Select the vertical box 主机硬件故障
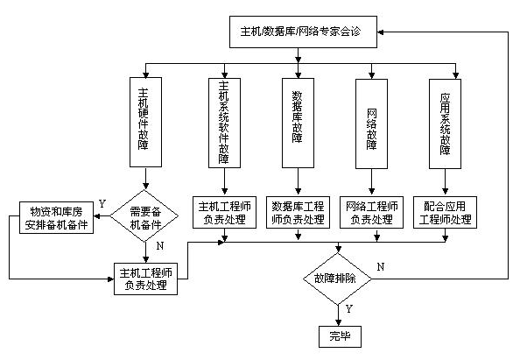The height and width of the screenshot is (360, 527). [x=145, y=122]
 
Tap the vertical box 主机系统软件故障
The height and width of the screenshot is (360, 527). [x=224, y=122]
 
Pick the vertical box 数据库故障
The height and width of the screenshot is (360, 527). [x=298, y=122]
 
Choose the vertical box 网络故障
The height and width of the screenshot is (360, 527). [x=370, y=122]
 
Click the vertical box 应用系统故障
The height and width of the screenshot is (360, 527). [x=445, y=122]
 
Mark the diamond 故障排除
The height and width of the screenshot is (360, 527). [x=337, y=278]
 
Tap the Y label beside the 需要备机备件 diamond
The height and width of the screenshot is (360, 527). [x=102, y=203]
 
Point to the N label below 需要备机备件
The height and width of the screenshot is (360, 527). [x=158, y=246]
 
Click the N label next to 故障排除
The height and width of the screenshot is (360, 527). [x=379, y=265]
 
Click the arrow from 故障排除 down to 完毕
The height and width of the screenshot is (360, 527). [x=337, y=313]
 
